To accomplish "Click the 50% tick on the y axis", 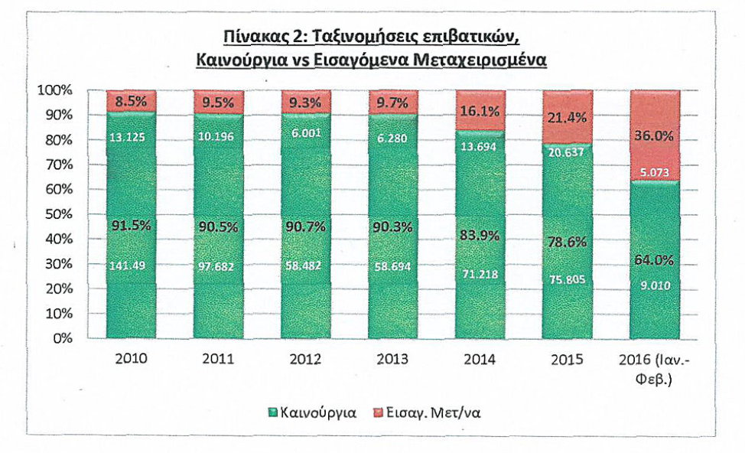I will [x=58, y=214].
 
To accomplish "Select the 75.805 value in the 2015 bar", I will [x=567, y=279].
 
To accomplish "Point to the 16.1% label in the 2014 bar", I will [x=480, y=111].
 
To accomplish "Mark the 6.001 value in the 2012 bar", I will [x=305, y=132].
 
